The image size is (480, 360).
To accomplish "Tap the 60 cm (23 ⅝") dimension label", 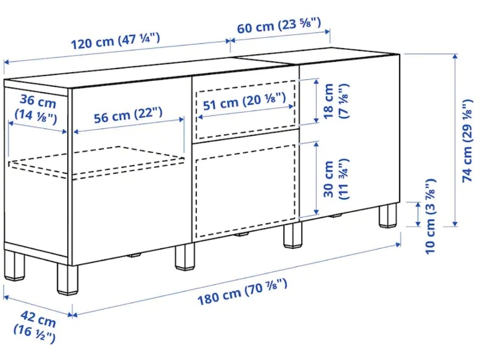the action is (x=279, y=25).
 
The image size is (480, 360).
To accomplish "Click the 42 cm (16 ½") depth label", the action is (x=35, y=326).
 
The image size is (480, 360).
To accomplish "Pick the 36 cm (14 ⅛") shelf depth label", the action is (x=37, y=109).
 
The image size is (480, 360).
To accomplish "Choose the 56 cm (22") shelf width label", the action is (x=128, y=115).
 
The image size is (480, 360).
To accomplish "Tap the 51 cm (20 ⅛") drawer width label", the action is (x=244, y=101).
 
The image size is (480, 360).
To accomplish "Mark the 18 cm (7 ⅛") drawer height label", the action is (x=335, y=101).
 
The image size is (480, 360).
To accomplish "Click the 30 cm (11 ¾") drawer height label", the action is (x=335, y=179).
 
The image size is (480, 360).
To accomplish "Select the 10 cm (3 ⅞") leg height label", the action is (x=430, y=217).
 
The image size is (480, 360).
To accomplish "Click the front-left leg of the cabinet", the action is (x=67, y=280).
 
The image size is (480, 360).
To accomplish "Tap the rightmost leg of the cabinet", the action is (x=388, y=215).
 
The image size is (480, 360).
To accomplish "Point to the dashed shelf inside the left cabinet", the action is (x=97, y=161).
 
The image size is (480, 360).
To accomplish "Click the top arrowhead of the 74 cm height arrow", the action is (x=455, y=56).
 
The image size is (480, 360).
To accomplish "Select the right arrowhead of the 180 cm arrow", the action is (x=398, y=244).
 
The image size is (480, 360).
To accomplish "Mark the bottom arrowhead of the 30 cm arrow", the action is (x=316, y=212).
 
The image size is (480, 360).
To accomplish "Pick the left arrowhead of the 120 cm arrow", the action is (x=7, y=62).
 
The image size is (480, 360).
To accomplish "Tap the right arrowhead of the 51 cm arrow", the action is (x=291, y=107).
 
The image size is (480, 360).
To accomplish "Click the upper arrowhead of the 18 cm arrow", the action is (x=316, y=81).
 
